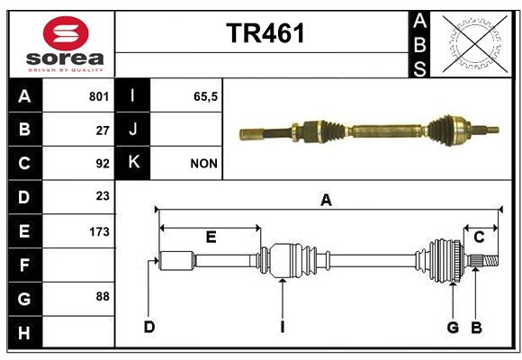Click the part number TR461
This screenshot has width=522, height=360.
(x=265, y=33)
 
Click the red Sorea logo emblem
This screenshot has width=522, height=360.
(x=66, y=33)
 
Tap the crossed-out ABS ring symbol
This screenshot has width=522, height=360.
(x=475, y=44)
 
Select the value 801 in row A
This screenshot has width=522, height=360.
(x=99, y=96)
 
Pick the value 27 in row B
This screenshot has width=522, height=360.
(x=103, y=130)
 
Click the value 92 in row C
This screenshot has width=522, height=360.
(x=103, y=164)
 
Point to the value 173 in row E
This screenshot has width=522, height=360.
(x=99, y=231)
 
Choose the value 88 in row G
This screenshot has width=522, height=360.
(x=103, y=296)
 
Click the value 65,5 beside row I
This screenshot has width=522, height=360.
(x=205, y=96)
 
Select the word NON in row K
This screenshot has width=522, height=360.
(x=203, y=164)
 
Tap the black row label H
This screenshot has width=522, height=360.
(x=25, y=332)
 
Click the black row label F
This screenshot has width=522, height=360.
(x=25, y=265)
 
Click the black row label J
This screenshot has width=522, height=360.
(x=132, y=130)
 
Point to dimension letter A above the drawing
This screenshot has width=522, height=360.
(x=326, y=201)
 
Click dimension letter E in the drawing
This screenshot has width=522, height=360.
(x=211, y=237)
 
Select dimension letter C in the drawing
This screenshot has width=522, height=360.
(x=479, y=237)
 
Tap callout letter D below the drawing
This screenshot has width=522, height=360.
(x=149, y=327)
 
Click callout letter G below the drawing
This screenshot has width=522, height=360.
(x=453, y=328)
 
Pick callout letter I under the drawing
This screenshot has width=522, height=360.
(x=283, y=327)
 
